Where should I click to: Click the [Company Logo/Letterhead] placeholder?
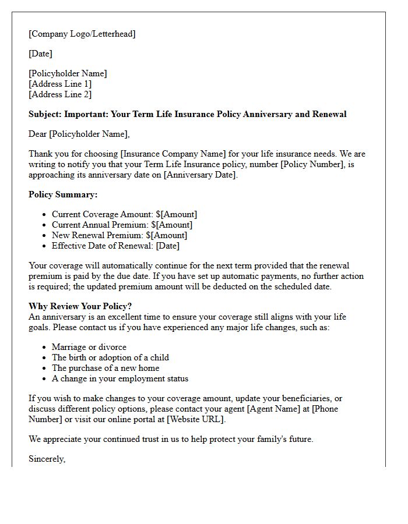[x=82, y=34]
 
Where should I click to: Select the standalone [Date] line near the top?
[x=40, y=54]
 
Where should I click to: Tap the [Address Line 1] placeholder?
[x=60, y=84]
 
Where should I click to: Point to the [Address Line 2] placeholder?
[x=60, y=94]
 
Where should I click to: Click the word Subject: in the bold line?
[x=45, y=114]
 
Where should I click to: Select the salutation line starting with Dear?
[x=79, y=134]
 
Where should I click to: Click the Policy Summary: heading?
[x=63, y=194]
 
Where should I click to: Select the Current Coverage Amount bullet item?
[x=124, y=214]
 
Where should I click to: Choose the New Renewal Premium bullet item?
[x=119, y=235]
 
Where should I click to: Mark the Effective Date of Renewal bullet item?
[x=115, y=246]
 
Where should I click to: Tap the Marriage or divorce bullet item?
[x=89, y=347]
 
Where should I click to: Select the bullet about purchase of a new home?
[x=105, y=368]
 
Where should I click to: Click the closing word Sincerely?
[x=47, y=459]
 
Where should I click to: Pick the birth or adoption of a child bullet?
[x=110, y=357]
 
